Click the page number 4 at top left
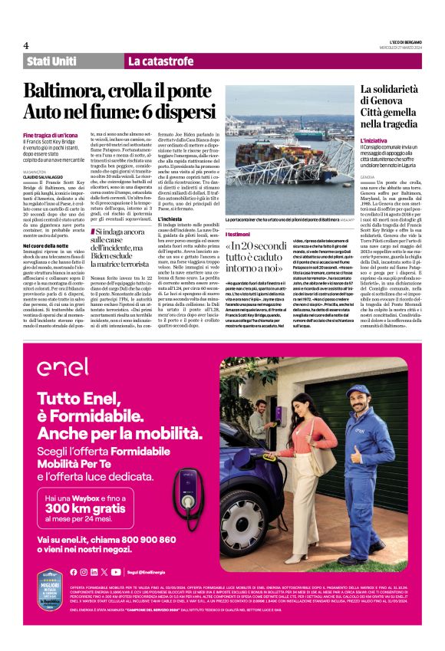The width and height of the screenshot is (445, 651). (x=26, y=45)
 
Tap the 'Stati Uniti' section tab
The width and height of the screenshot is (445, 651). (x=51, y=61)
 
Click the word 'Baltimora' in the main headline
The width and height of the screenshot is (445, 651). (x=70, y=91)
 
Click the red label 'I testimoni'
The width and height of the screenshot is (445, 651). (x=238, y=233)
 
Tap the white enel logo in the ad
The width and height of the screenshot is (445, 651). (x=63, y=367)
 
